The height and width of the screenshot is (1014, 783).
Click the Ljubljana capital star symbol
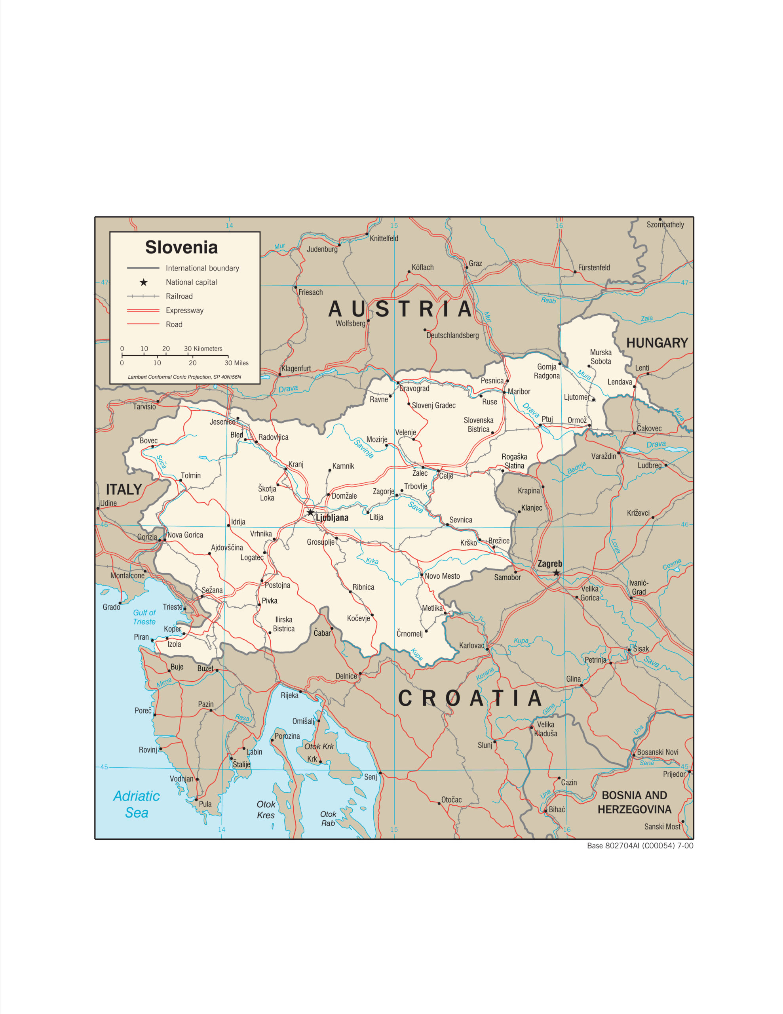click(310, 513)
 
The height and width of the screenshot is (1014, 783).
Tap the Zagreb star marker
click(556, 573)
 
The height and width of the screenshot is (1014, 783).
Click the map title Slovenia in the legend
click(181, 247)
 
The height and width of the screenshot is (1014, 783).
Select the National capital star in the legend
click(144, 282)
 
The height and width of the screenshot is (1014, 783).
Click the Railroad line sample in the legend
click(143, 296)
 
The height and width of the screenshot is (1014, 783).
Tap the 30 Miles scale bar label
click(236, 363)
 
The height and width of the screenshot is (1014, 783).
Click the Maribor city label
click(519, 391)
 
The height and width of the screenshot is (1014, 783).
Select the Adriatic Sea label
click(137, 804)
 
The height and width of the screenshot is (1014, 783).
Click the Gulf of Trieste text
click(144, 617)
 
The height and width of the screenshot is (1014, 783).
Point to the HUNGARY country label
click(657, 343)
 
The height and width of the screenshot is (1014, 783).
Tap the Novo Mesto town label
click(442, 576)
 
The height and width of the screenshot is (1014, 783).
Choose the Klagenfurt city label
click(296, 368)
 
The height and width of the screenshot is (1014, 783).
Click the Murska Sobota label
click(601, 356)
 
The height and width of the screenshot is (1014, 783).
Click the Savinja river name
click(363, 448)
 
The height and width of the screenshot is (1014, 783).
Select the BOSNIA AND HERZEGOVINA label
click(634, 802)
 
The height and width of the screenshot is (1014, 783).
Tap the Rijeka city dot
click(300, 691)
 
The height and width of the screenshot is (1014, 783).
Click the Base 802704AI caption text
click(640, 846)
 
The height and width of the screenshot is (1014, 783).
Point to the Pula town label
click(205, 804)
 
